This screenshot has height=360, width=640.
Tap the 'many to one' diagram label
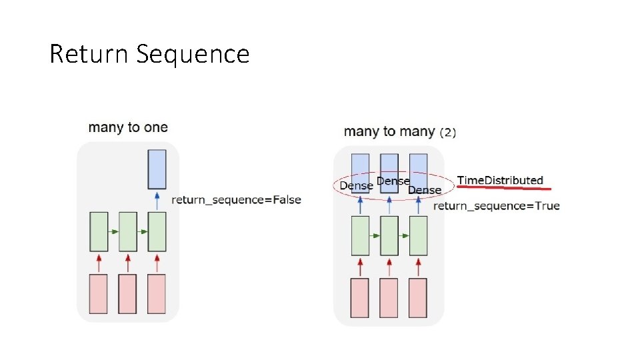(128, 127)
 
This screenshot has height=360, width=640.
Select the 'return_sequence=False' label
(237, 199)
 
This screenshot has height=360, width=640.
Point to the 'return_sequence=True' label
(497, 206)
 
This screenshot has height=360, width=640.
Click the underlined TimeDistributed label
(500, 181)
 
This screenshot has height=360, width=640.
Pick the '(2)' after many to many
(448, 132)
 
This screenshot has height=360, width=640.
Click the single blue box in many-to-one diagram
(157, 168)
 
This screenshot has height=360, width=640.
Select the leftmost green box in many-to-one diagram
(99, 231)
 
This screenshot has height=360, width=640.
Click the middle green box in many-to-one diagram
(128, 231)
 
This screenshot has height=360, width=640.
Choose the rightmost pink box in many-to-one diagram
(157, 293)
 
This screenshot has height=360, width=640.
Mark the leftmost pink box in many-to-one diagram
(99, 293)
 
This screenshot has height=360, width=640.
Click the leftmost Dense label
(357, 185)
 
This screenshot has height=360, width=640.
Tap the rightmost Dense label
(425, 191)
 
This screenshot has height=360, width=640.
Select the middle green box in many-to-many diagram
(389, 235)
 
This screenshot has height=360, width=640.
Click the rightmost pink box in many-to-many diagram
(418, 297)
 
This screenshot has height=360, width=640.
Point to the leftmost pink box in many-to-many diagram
(360, 297)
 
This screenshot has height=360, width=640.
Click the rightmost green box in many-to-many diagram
(418, 235)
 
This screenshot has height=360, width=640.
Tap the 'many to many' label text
(389, 131)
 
